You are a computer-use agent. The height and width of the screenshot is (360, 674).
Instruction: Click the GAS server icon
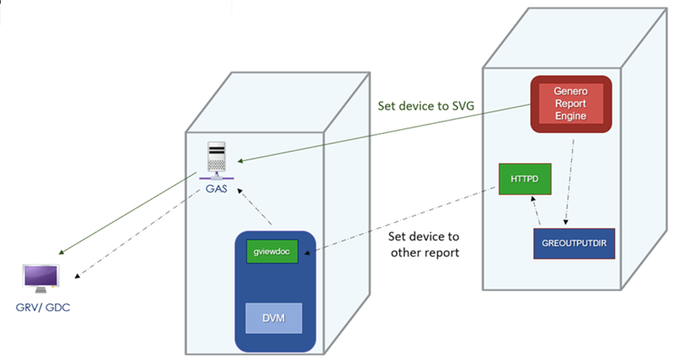tap(217, 160)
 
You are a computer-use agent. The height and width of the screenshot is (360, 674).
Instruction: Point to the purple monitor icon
tap(41, 279)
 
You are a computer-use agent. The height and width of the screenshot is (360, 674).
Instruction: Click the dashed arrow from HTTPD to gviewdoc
tap(404, 214)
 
